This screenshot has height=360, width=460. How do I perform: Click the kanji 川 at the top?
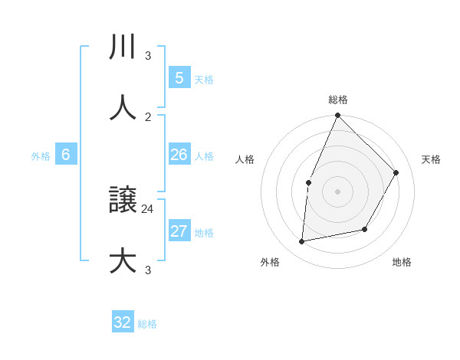click(123, 48)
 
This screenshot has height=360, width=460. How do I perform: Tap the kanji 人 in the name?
click(123, 107)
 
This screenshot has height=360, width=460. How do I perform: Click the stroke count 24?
click(148, 208)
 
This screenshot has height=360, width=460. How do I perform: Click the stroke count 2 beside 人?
click(148, 116)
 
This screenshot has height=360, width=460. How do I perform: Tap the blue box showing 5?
click(179, 78)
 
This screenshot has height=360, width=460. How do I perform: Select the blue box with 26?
click(179, 155)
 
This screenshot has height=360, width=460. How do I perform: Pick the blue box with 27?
click(179, 231)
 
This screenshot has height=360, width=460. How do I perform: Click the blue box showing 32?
click(123, 322)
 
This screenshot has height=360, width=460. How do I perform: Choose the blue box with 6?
click(66, 155)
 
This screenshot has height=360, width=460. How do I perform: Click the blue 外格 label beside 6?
click(41, 156)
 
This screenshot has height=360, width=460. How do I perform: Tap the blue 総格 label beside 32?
click(147, 324)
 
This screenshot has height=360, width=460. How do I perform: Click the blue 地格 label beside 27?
click(204, 233)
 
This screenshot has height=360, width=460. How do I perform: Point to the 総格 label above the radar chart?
click(338, 100)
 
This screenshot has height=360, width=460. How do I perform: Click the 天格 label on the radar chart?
click(431, 159)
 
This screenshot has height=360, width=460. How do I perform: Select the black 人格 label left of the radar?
click(245, 159)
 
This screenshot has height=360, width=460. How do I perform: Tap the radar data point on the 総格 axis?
click(337, 116)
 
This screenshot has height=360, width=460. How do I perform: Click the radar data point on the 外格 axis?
click(302, 242)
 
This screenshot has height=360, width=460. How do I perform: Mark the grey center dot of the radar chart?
click(337, 191)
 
